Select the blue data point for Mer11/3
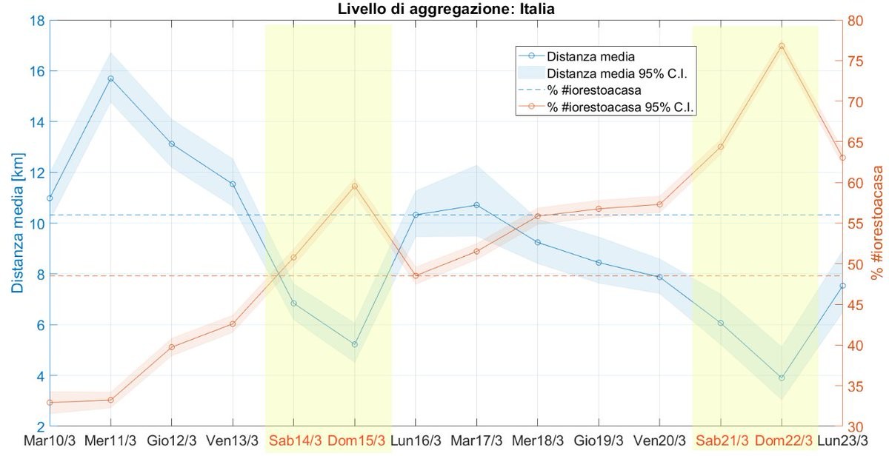point(110,78)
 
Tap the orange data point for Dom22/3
point(782,46)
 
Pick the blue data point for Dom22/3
point(782,378)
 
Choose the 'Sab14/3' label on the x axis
point(295,440)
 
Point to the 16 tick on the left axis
point(35,72)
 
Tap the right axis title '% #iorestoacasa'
point(877,224)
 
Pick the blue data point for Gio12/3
point(172,144)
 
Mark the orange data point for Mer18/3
point(538,216)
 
